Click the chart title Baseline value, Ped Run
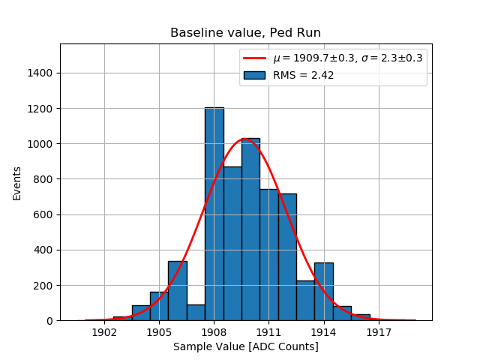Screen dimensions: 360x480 [x=245, y=33]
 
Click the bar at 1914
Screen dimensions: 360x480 [x=324, y=292]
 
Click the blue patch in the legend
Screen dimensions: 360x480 [x=256, y=75]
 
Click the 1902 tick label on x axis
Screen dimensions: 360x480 [x=104, y=331]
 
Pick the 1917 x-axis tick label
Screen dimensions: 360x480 [x=379, y=331]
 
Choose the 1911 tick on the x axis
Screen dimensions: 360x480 [x=269, y=331]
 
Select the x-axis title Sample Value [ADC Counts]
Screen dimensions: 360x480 [x=245, y=346]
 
